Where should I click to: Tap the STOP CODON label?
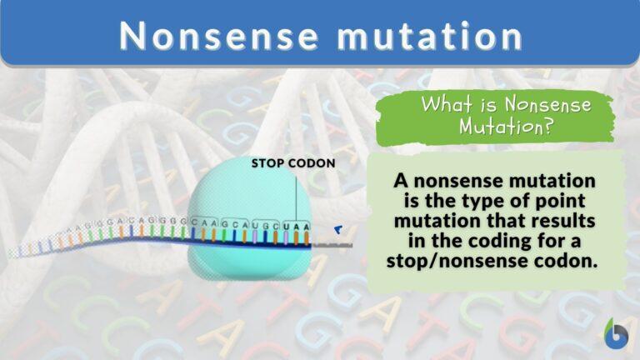[293, 163]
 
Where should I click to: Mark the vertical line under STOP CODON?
[296, 196]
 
